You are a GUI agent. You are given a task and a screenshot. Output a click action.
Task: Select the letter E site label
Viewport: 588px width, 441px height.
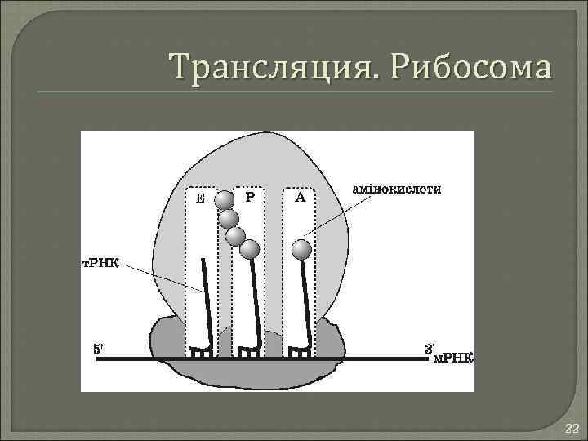click(200, 198)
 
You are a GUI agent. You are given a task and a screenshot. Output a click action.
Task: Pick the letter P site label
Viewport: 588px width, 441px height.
click(250, 197)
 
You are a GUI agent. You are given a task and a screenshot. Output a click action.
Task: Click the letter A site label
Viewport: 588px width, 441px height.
click(300, 197)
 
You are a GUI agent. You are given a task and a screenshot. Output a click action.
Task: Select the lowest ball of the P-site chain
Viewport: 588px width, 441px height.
click(250, 249)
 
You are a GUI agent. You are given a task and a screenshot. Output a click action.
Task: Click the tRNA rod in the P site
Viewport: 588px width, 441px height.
click(256, 302)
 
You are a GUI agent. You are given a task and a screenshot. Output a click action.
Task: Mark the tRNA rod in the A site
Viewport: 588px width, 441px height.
click(306, 302)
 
